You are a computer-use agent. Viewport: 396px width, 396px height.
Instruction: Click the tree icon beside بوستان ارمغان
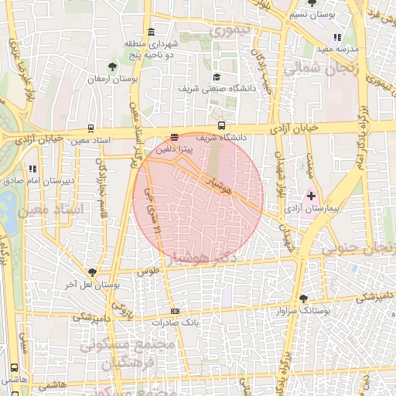114,67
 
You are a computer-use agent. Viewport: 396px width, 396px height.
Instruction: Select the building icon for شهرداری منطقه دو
149,32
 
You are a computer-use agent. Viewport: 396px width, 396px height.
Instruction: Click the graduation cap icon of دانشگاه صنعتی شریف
217,77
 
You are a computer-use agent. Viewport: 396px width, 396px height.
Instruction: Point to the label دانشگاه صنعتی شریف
216,89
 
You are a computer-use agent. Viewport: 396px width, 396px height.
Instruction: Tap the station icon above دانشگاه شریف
222,125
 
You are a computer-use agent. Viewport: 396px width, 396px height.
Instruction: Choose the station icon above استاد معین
92,129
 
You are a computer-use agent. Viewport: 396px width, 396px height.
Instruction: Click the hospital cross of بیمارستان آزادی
312,196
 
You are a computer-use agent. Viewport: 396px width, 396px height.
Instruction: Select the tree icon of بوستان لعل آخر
93,272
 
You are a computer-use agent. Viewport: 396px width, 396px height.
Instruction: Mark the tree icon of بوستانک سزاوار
302,298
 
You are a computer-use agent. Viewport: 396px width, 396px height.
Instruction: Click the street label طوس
148,272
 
